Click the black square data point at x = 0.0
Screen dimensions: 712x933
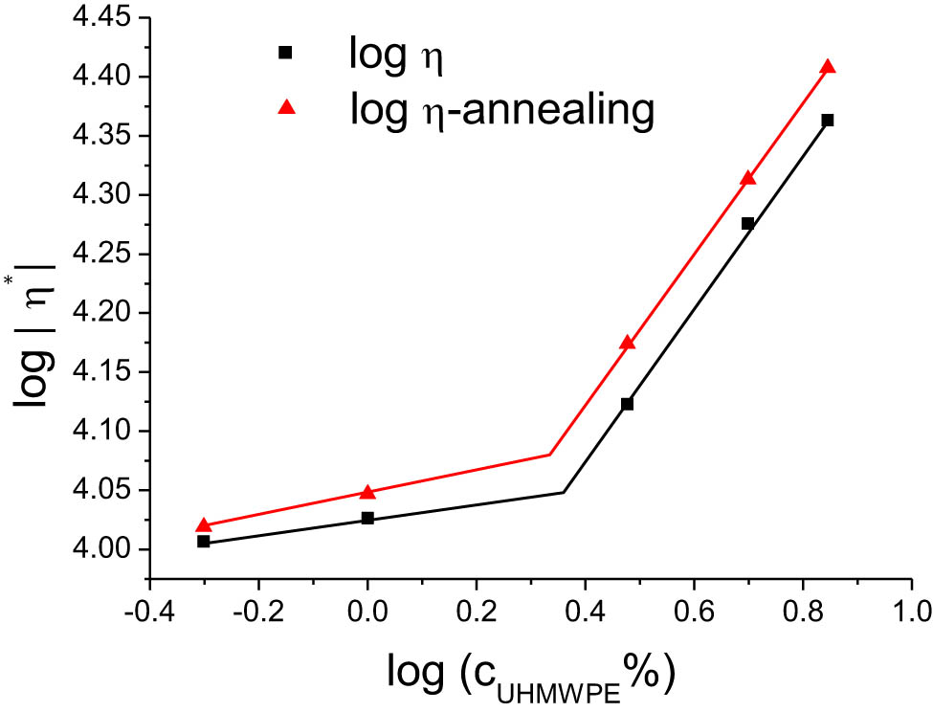[x=367, y=519]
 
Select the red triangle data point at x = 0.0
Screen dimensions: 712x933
[x=367, y=492]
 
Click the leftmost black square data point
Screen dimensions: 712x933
[x=204, y=542]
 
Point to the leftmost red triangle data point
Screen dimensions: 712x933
[x=204, y=525]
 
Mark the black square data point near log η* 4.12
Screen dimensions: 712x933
[x=627, y=404]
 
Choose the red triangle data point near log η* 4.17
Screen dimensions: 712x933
[x=627, y=343]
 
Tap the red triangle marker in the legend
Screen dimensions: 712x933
[x=283, y=109]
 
